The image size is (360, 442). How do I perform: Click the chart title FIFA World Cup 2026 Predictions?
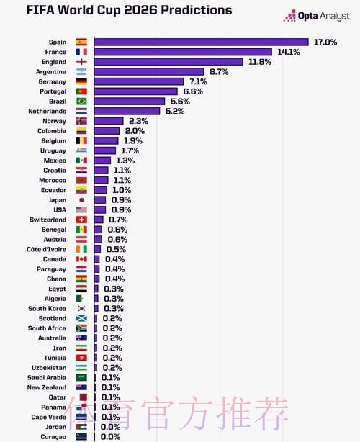119,11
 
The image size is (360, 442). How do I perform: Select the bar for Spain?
201,42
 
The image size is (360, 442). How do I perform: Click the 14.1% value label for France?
288,52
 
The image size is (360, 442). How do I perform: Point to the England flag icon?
81,62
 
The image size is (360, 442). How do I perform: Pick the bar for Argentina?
150,72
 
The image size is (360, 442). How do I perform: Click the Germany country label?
51,82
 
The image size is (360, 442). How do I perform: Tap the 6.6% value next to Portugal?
193,92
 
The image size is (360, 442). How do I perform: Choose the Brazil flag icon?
81,102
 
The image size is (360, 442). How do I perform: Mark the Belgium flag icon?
81,141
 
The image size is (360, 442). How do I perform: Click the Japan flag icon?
81,200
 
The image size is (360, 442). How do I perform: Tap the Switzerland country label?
48,220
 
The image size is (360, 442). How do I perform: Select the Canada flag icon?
81,259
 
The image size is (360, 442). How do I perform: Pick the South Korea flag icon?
81,308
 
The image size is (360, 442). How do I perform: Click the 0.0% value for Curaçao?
111,436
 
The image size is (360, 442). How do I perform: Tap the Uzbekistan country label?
48,367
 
